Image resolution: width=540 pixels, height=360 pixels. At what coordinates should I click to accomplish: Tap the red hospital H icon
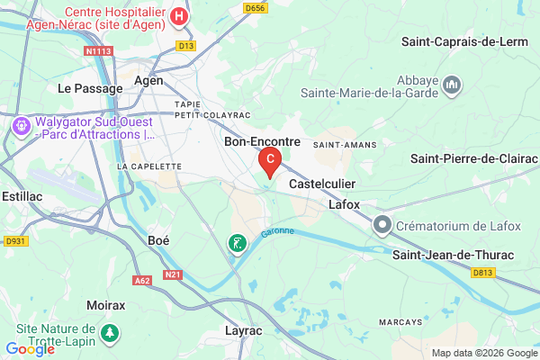click(x=179, y=16)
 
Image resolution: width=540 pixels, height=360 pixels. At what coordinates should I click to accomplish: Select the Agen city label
click(x=148, y=80)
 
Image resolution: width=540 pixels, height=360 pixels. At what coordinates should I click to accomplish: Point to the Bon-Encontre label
click(x=262, y=142)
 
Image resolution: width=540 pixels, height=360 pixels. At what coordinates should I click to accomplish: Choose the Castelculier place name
click(x=322, y=183)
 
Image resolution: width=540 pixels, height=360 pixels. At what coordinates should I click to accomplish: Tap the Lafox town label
click(x=344, y=204)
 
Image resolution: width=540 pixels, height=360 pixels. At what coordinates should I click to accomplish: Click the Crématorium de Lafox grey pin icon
click(x=383, y=224)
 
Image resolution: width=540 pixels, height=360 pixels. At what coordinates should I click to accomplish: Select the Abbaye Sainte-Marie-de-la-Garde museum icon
click(x=453, y=85)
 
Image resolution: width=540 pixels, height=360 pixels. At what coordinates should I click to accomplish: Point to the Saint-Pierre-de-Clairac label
click(x=474, y=158)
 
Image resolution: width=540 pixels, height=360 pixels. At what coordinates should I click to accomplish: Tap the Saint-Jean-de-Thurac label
click(x=454, y=255)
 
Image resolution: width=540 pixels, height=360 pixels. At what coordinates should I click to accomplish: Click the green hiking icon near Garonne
click(x=236, y=243)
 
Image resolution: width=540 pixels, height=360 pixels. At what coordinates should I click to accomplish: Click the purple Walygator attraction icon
click(x=20, y=127)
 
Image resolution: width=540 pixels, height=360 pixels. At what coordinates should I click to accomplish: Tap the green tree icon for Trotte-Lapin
click(x=110, y=333)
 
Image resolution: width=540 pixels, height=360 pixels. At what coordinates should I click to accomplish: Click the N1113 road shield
click(x=97, y=52)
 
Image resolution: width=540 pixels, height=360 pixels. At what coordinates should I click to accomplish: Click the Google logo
click(x=30, y=348)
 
